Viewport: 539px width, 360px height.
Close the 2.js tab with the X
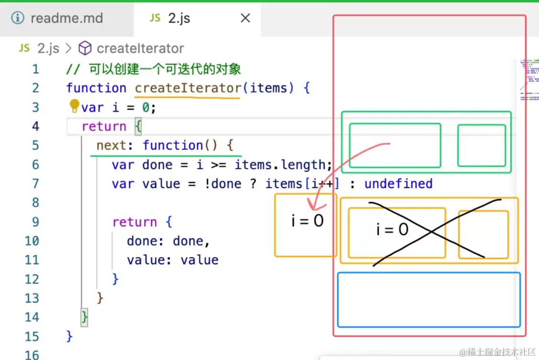pos(245,19)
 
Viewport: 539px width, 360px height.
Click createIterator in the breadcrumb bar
pos(140,48)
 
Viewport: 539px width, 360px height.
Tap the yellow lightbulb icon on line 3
pos(75,105)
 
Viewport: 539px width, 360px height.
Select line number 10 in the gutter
pos(32,241)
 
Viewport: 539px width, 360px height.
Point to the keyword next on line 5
pos(111,146)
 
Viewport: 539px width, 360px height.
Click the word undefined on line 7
pos(398,184)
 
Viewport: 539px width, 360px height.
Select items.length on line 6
pos(283,165)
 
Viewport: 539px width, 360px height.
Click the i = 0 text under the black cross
pos(392,230)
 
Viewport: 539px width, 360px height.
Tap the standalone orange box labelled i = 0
pos(306,225)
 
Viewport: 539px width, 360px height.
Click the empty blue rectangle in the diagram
pos(429,300)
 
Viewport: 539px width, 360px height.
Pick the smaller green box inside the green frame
pos(481,146)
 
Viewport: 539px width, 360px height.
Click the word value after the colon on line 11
pos(199,260)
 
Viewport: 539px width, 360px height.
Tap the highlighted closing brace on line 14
pos(85,317)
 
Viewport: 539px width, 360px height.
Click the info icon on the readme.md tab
pos(18,19)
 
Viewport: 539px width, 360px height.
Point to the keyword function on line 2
pos(96,88)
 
